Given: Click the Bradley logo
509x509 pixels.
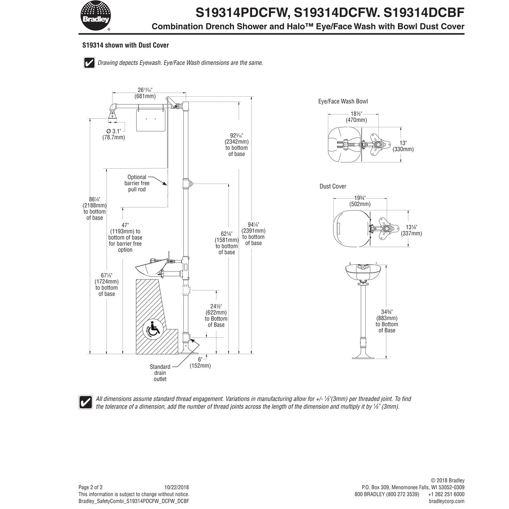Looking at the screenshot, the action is coord(95,16).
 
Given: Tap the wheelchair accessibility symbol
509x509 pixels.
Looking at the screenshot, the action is coord(153,330).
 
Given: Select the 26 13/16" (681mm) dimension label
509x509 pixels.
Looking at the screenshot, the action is coord(145,93).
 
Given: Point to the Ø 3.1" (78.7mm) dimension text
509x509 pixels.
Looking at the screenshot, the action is coord(114,134).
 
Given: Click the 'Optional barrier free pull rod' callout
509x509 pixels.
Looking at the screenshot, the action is coord(137,183).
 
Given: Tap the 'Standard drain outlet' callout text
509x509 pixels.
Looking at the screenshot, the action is coord(160,373).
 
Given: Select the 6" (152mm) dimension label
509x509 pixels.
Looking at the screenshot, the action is coord(200,363).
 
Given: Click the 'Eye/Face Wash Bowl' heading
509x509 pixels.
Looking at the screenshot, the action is coord(343,101).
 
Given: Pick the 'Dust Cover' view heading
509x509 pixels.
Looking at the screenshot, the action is coord(333,187).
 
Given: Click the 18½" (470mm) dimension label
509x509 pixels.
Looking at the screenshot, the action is coord(356,117).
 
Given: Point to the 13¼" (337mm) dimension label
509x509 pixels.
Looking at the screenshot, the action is coord(411,230).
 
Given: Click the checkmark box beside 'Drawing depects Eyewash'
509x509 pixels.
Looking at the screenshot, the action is coord(89,63).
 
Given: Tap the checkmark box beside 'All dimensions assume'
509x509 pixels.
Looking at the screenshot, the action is coord(86,402).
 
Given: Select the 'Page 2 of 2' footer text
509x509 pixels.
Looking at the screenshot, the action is coord(90,487).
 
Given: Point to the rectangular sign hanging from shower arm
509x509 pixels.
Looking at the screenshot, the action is coord(151,120).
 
